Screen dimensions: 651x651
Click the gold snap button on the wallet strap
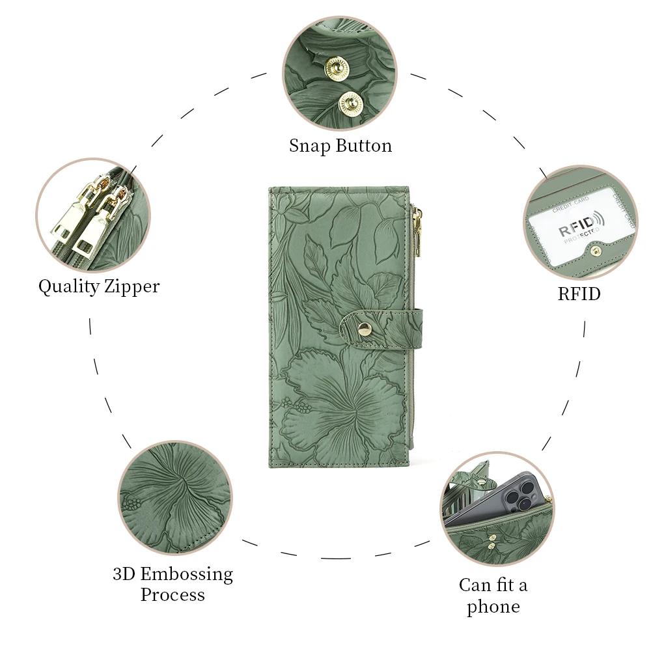click(x=365, y=329)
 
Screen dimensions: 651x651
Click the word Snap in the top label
click(x=309, y=146)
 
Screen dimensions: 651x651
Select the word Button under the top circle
click(x=364, y=145)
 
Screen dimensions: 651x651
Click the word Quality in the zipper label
click(x=69, y=286)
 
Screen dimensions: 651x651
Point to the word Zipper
click(x=132, y=286)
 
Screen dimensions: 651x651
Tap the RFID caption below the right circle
click(x=579, y=294)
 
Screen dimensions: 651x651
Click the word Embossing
click(x=186, y=575)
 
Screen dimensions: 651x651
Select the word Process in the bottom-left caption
click(x=173, y=594)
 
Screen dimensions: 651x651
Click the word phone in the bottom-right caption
click(x=493, y=607)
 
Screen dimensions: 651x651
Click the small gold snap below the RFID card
click(x=596, y=251)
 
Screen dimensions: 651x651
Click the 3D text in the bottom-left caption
click(x=124, y=574)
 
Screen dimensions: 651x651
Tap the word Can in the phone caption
click(x=475, y=585)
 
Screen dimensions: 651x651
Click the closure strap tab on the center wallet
click(x=381, y=329)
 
